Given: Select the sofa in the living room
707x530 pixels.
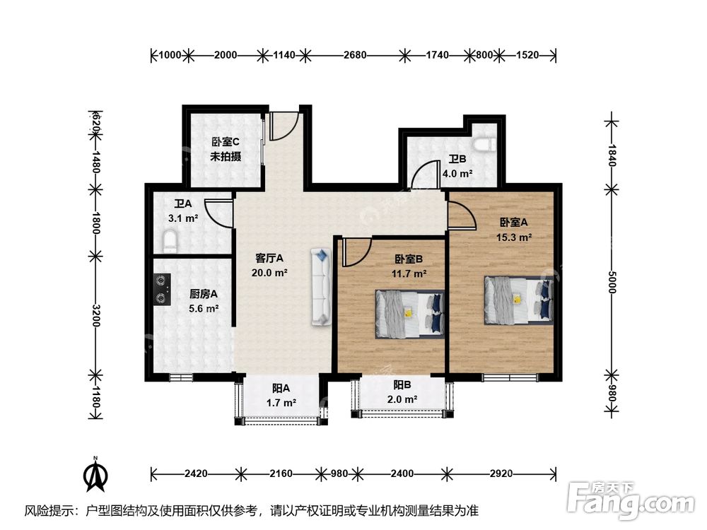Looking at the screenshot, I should point(320,286).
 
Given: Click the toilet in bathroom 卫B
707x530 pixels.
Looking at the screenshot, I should point(484,144).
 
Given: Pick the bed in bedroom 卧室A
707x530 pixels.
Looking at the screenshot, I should point(518,299).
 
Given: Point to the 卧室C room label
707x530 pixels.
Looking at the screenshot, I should point(226,142).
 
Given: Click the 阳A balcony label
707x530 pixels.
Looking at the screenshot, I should point(281,388).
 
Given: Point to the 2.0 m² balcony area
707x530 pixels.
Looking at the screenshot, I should point(402,399).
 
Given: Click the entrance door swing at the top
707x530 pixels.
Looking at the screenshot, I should point(281,127).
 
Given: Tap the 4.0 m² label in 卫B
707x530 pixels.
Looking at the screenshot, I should point(457,173).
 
